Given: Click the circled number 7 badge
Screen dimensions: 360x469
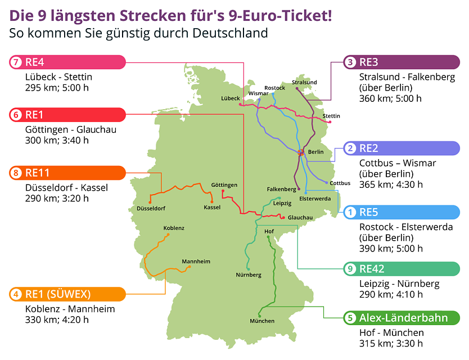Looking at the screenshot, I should coord(15,62).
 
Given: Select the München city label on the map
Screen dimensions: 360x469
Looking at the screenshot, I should coord(262,321).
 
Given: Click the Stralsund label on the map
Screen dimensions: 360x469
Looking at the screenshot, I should coord(304,82).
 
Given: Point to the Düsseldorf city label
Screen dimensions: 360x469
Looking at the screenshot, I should coord(151,209).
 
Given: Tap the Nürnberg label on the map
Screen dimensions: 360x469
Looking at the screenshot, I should coord(249,275).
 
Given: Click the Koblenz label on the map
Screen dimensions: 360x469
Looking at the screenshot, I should coord(174,228).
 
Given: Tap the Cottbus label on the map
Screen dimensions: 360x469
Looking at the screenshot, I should coord(340,183).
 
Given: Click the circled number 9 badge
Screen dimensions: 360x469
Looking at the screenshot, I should coord(350,269).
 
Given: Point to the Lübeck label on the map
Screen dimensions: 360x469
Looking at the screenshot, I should coord(231,98).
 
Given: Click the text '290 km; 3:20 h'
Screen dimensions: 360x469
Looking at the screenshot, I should coord(57,198).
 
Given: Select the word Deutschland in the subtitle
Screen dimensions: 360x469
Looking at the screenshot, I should coord(229,33).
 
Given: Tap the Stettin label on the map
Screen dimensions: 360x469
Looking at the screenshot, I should coord(331,116).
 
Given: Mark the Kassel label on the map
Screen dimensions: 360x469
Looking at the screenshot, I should coord(212,208).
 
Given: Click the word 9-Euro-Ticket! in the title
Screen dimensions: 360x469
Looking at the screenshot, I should coord(270,13).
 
